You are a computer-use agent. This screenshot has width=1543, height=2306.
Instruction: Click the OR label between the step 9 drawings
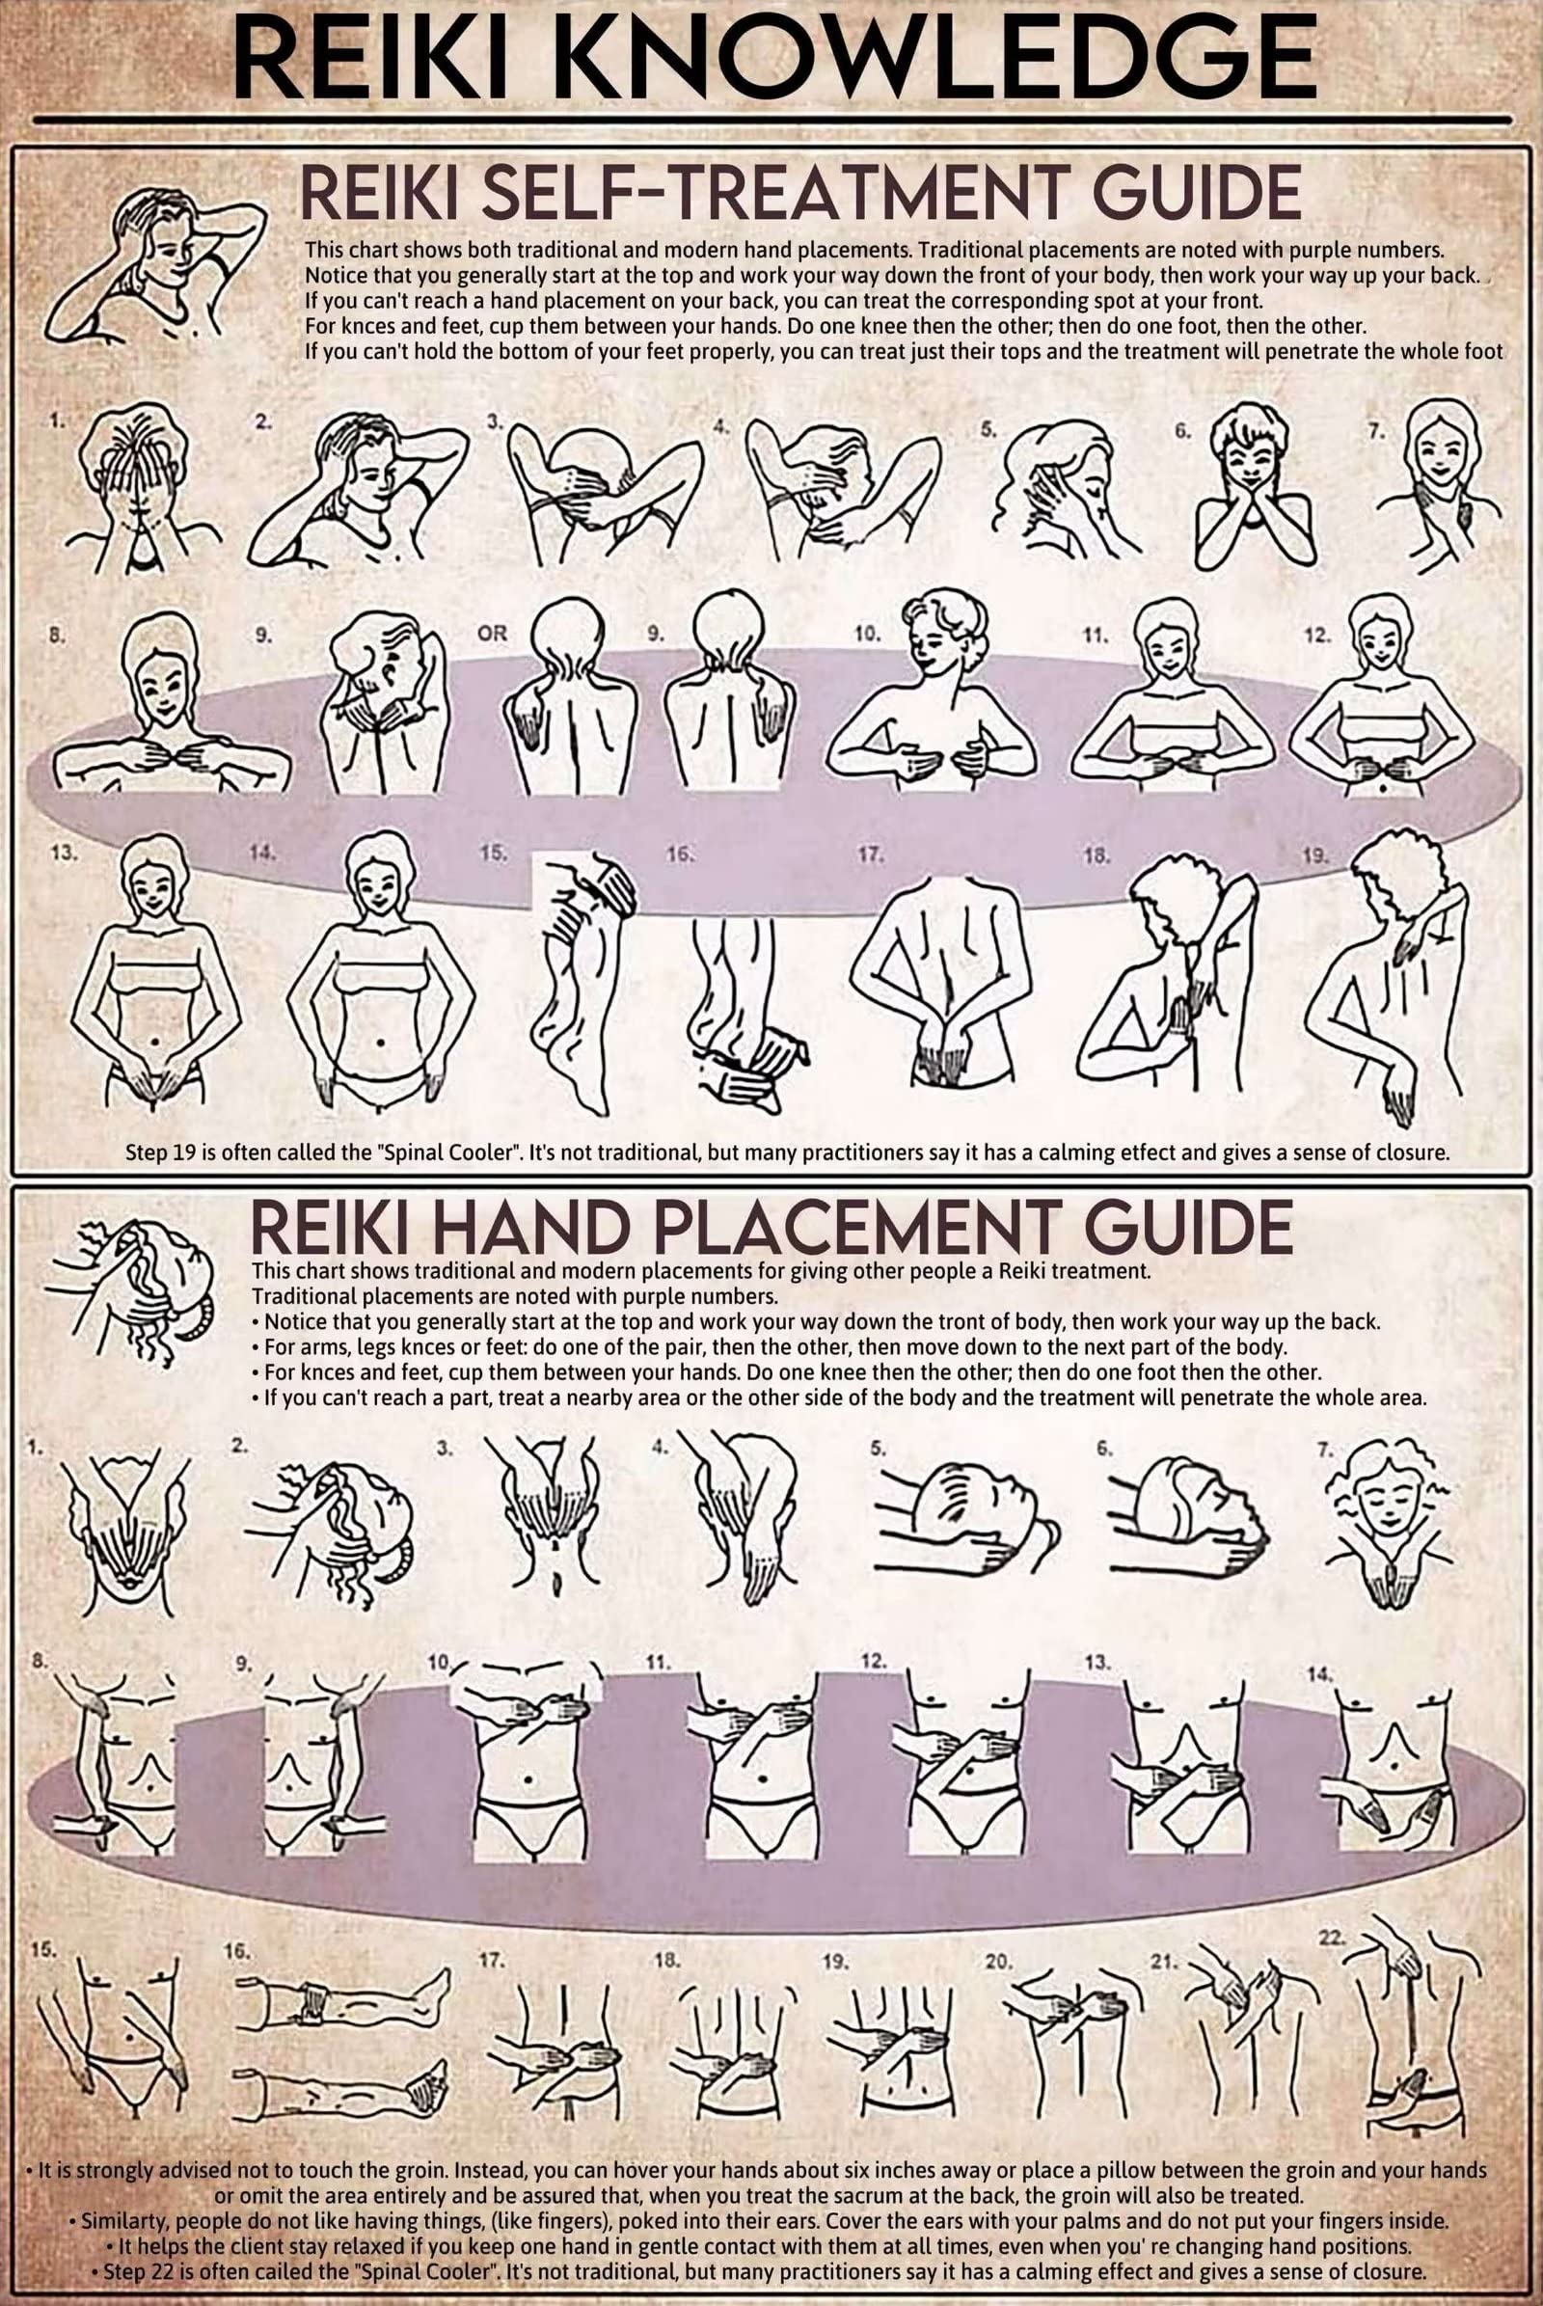tap(492, 634)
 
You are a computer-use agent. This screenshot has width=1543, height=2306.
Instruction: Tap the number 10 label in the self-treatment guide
tap(867, 635)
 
